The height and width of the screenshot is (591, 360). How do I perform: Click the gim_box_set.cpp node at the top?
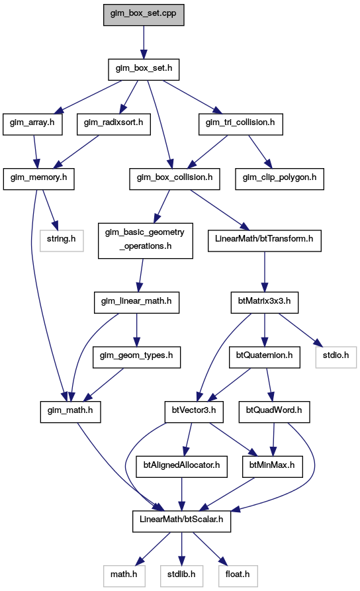point(144,15)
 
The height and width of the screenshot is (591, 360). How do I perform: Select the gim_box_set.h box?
point(144,69)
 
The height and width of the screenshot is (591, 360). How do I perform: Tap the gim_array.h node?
point(32,124)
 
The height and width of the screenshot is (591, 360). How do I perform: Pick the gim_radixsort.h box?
point(113,124)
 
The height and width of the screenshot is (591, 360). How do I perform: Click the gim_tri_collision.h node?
point(240,124)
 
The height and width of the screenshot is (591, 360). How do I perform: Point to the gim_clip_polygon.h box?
point(280,179)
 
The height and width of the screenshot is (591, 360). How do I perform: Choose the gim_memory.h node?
point(39,179)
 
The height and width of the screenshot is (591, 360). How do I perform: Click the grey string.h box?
point(62,241)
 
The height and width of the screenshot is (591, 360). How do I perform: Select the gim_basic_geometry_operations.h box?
point(146,241)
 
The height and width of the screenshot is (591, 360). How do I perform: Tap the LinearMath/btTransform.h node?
point(265,241)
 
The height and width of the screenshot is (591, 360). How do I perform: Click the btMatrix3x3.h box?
point(265,302)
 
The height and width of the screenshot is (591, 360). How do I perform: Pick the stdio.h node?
point(336,357)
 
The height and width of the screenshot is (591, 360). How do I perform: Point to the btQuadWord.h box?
point(274,412)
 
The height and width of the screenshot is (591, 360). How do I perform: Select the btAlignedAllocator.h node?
point(182,467)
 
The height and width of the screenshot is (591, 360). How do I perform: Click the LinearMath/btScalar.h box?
point(182,522)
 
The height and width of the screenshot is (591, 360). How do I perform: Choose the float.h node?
point(238,576)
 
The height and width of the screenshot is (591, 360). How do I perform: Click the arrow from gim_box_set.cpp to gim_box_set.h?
point(144,42)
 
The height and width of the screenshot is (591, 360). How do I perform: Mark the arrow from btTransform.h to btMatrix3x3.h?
point(265,272)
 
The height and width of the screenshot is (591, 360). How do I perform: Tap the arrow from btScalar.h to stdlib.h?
point(182,549)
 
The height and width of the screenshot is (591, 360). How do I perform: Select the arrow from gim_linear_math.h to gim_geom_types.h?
point(136,330)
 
